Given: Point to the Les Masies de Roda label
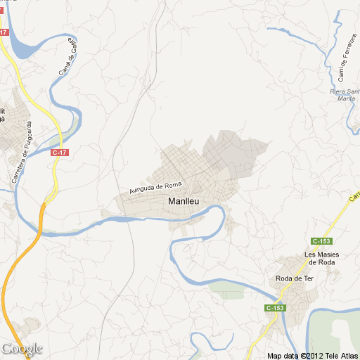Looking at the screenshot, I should pyautogui.click(x=320, y=257).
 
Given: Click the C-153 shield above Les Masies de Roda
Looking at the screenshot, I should pyautogui.click(x=322, y=240).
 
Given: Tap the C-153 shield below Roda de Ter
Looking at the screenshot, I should pyautogui.click(x=276, y=309).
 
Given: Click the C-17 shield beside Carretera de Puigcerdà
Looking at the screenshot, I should pyautogui.click(x=60, y=152).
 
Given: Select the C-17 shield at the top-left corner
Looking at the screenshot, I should pyautogui.click(x=4, y=32).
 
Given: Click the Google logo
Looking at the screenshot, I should pyautogui.click(x=21, y=349).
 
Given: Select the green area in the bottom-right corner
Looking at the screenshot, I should pyautogui.click(x=337, y=330).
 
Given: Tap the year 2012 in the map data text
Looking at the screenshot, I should pyautogui.click(x=311, y=355).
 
